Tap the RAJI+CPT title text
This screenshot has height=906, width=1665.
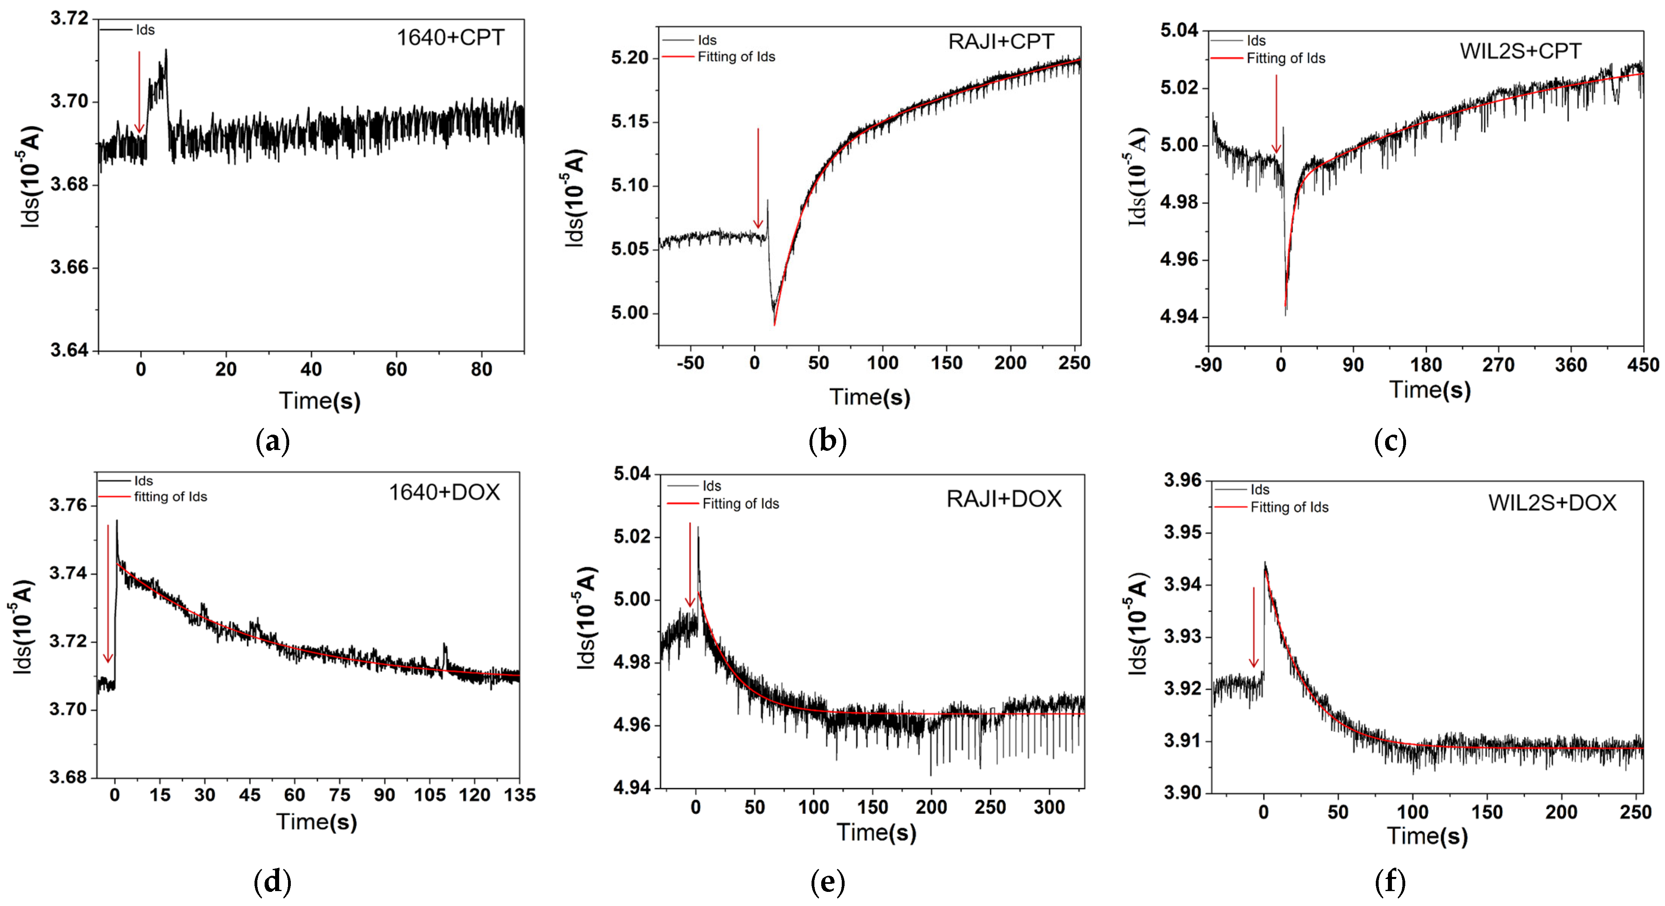1001,42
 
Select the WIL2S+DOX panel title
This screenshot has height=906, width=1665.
1552,503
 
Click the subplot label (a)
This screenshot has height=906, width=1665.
272,442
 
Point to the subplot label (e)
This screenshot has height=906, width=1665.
827,882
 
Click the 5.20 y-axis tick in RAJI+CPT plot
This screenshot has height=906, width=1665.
630,58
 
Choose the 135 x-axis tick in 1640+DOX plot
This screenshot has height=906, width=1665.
520,795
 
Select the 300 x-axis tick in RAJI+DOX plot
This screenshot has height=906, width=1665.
1049,807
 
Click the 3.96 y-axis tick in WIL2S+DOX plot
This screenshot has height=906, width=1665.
1182,480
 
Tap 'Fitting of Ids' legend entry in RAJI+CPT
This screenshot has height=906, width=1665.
736,57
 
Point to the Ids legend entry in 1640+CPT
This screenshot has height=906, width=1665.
145,30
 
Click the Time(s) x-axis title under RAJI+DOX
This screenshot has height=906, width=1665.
876,832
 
